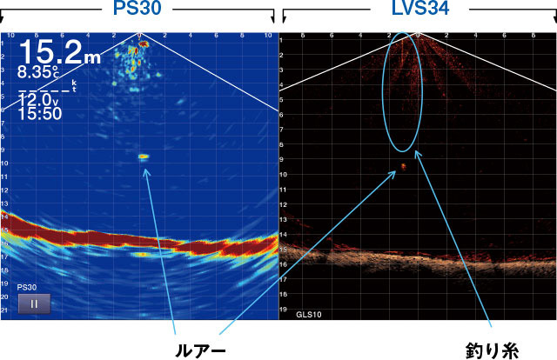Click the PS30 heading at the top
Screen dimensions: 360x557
[139, 10]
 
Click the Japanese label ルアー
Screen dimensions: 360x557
[201, 350]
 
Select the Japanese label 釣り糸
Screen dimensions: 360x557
[493, 350]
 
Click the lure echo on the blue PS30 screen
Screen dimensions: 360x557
[144, 157]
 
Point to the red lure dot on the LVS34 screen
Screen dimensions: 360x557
[403, 165]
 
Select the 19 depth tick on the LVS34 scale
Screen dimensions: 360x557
[284, 309]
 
